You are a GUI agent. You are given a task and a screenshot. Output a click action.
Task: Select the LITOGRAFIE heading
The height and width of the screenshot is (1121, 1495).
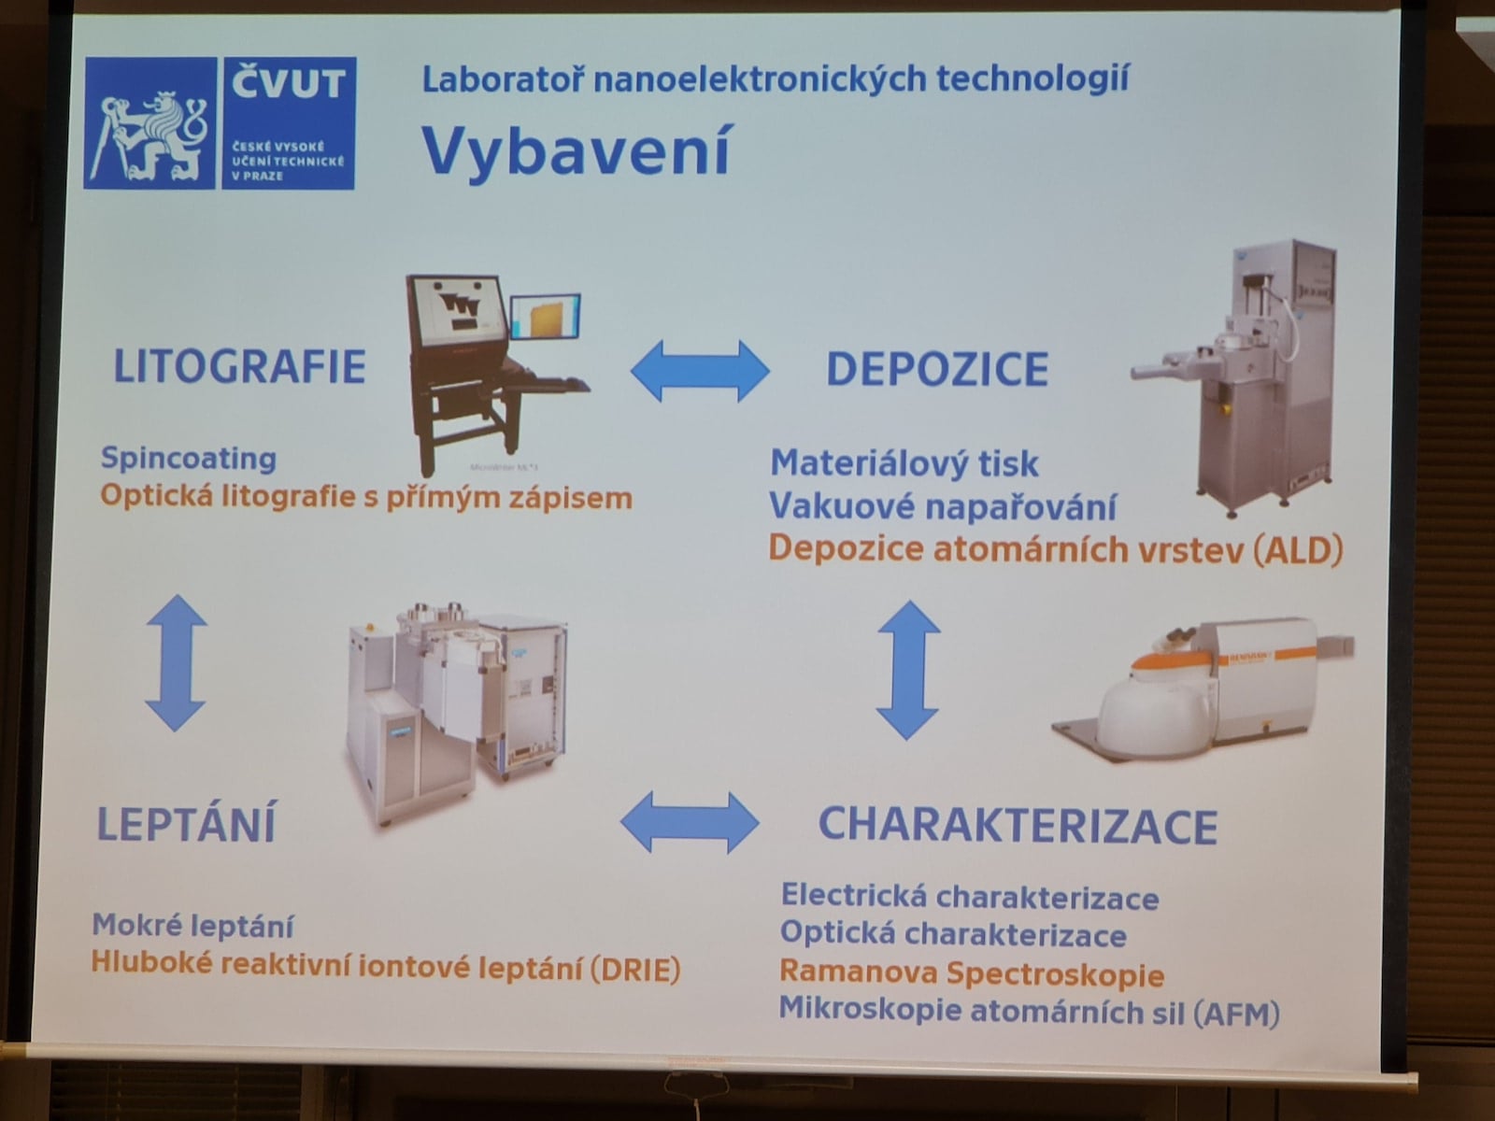[x=239, y=366]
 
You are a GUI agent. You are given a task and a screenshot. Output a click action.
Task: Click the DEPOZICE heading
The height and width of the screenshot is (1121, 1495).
[x=937, y=369]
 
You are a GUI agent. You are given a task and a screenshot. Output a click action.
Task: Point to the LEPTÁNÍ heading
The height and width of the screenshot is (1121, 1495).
[x=187, y=824]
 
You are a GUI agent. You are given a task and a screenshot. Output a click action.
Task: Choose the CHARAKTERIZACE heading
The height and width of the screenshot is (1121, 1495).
[x=1018, y=826]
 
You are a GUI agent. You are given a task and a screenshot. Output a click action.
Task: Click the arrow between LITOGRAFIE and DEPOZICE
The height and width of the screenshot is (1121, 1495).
[x=699, y=371]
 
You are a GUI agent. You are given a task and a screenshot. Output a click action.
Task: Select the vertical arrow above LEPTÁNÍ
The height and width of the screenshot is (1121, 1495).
[x=176, y=662]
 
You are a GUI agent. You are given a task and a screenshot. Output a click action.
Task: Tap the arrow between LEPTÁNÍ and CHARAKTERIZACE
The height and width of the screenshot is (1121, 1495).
[x=690, y=823]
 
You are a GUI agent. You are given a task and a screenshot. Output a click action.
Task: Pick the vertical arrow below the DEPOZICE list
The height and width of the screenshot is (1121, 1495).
[x=907, y=669]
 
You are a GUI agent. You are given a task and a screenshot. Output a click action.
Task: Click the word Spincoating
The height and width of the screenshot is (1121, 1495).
[x=189, y=458]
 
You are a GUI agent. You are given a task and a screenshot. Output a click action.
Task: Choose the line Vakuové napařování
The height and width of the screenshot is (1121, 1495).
[x=943, y=506]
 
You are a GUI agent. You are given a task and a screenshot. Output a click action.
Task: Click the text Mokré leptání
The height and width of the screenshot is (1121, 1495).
[x=192, y=926]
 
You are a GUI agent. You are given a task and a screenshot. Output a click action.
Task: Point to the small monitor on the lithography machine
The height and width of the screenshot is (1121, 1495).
[x=545, y=318]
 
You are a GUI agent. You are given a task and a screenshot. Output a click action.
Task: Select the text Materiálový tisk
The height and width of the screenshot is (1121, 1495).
[x=904, y=463]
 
